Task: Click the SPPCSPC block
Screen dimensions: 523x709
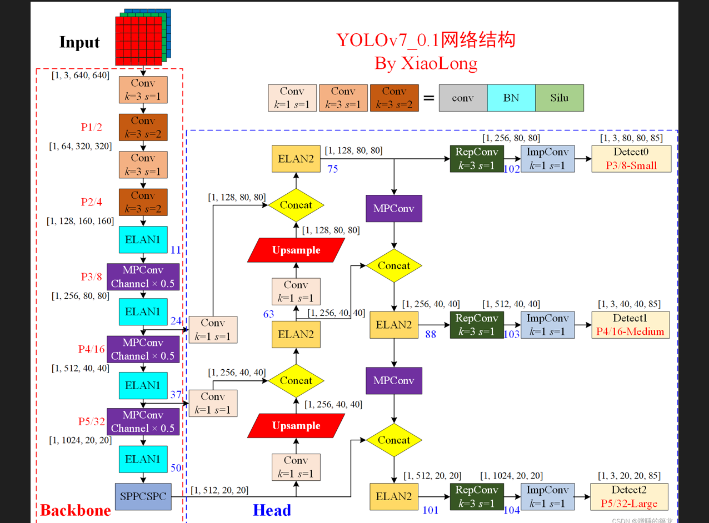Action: click(x=143, y=496)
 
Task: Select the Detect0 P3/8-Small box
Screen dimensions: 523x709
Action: click(x=631, y=159)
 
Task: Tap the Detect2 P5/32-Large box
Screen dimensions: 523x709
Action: click(x=630, y=497)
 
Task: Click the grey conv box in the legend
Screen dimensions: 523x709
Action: click(x=462, y=98)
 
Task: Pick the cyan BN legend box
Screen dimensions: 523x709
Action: click(x=511, y=98)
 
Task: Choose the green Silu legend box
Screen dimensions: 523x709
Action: click(x=560, y=98)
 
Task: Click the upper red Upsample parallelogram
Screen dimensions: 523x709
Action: click(x=296, y=250)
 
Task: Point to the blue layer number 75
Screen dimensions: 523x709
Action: click(x=332, y=169)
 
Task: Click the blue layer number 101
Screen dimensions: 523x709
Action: click(x=431, y=510)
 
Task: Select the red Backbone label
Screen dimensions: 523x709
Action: click(x=75, y=510)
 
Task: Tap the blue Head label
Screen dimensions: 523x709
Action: click(x=272, y=510)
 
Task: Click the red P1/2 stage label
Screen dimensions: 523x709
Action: click(x=92, y=127)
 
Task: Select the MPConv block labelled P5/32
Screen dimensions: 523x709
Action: click(x=143, y=422)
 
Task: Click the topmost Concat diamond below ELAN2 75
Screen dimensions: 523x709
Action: click(x=296, y=205)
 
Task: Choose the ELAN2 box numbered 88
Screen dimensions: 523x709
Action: click(x=394, y=325)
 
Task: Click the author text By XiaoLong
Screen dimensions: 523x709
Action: click(x=426, y=63)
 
